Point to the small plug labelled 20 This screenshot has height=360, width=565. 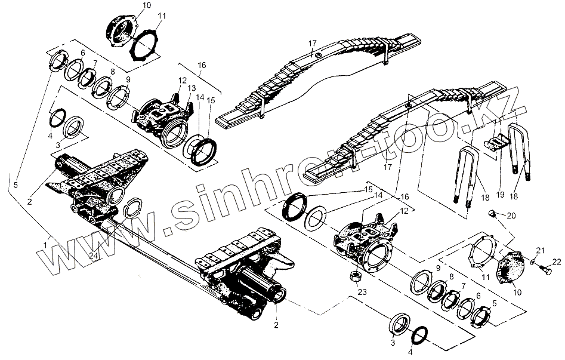492,213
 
